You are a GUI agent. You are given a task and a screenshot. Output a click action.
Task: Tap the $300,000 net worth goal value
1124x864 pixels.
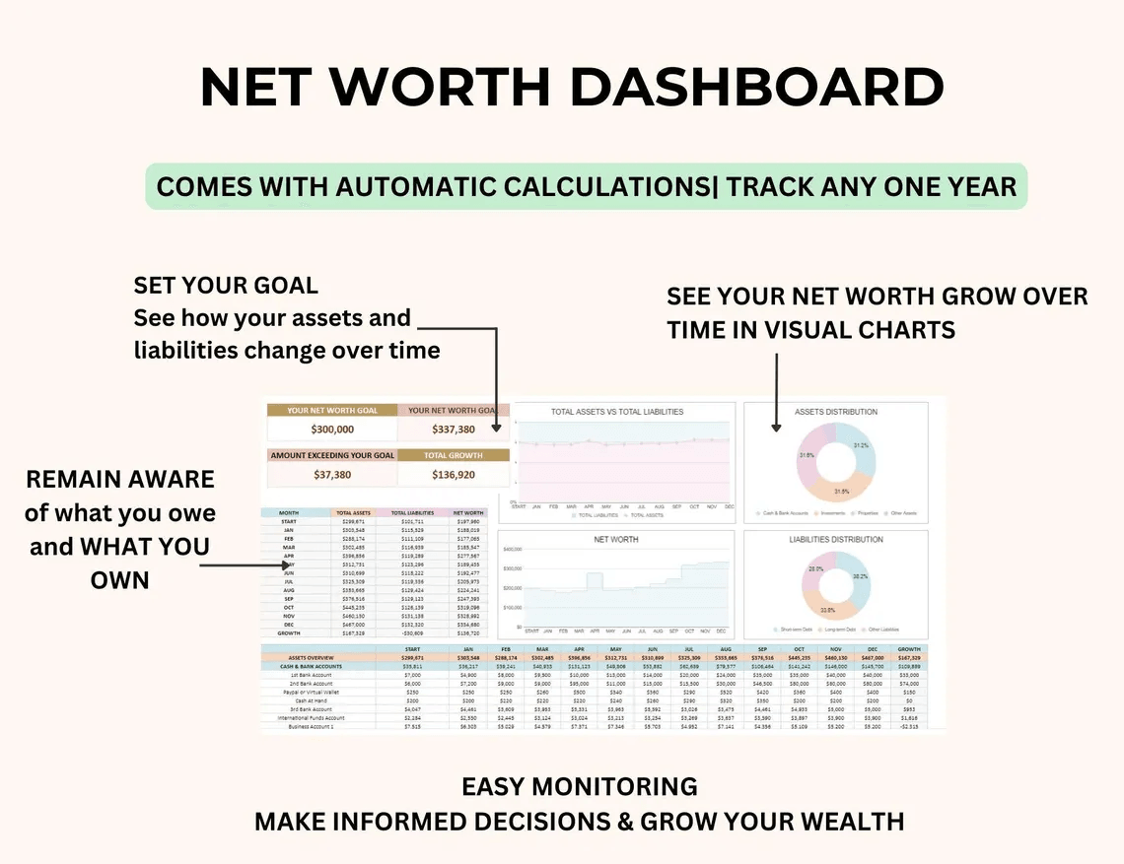coord(331,430)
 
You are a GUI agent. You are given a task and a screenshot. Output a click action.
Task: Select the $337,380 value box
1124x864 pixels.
coord(454,430)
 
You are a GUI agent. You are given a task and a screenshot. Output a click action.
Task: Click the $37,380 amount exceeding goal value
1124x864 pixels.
coord(331,475)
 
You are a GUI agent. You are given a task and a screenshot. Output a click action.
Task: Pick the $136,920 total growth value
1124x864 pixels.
coord(454,475)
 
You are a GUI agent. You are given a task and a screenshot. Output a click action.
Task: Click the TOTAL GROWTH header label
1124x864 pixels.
coord(454,455)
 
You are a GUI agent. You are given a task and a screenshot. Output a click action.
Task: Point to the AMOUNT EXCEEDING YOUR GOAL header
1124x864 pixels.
coord(332,455)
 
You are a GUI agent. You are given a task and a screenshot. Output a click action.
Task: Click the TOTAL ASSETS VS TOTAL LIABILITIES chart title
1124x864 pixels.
coord(616,412)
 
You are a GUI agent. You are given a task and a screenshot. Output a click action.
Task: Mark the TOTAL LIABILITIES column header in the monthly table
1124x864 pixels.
coord(411,513)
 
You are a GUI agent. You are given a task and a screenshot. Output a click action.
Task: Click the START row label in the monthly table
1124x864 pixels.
coord(289,521)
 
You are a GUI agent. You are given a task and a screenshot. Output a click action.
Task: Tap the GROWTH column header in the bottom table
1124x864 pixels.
coord(910,649)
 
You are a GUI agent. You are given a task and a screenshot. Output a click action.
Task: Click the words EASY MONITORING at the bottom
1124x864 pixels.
coord(580,786)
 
